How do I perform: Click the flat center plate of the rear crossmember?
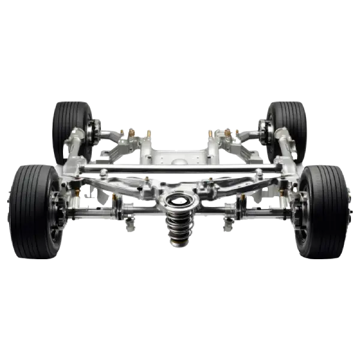(178, 157)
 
